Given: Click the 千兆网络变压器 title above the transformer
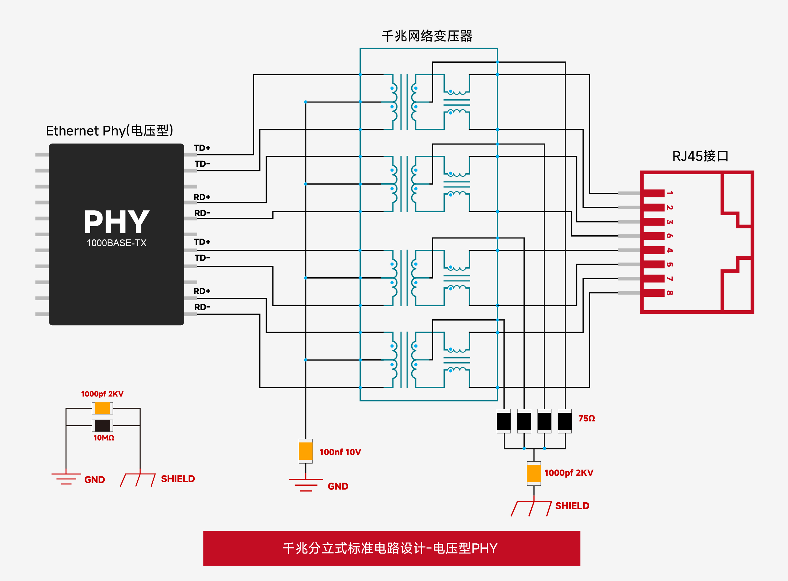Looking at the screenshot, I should (x=427, y=36).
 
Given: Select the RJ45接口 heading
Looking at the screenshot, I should (x=700, y=156).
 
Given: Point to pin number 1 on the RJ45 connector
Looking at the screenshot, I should (x=670, y=193).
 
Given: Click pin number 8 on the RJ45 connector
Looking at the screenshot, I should (x=670, y=293).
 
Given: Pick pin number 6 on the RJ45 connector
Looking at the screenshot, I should (x=670, y=236).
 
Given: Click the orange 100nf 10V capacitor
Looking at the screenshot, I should (x=305, y=451).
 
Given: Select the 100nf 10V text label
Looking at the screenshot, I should (x=340, y=452).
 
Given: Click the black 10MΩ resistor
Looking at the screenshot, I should (x=102, y=426).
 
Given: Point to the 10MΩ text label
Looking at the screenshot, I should (x=103, y=438).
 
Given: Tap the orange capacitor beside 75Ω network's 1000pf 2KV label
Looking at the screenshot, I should (x=534, y=474).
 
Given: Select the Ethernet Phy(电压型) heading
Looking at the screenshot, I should (x=109, y=131).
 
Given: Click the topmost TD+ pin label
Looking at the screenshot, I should (x=202, y=148).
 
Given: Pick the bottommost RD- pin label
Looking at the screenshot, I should (x=202, y=307).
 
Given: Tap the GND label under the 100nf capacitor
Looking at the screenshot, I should (x=338, y=486).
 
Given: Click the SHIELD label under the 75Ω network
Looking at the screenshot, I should (x=572, y=506).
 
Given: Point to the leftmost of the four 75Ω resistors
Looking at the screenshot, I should (x=503, y=421).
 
